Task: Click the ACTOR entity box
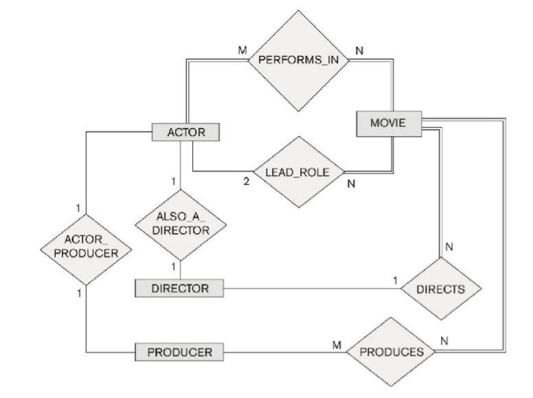point(186,133)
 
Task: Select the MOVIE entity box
point(389,123)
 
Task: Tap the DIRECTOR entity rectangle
point(180,288)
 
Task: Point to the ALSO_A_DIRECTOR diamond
point(180,224)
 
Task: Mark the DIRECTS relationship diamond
point(440,289)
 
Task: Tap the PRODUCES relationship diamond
point(392,352)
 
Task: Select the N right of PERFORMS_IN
point(358,52)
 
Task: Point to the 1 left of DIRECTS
point(395,280)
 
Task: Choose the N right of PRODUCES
point(444,340)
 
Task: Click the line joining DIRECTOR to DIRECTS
point(309,289)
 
